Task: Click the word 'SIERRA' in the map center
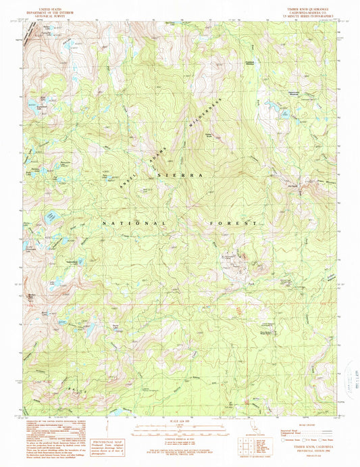click(x=180, y=174)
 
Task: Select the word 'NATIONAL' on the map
click(x=134, y=222)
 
